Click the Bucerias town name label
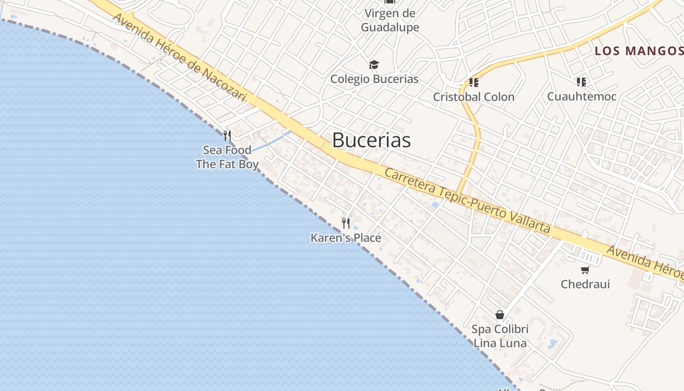tap(371, 140)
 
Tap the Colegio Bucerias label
tap(374, 79)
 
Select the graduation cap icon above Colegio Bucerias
tap(374, 65)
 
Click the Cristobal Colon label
tap(473, 97)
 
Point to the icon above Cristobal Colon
tap(473, 82)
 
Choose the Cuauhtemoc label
tap(581, 96)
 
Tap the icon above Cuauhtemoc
tap(581, 82)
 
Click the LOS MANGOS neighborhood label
tap(639, 51)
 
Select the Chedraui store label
tap(585, 284)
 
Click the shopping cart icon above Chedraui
tap(585, 270)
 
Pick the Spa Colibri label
tap(500, 329)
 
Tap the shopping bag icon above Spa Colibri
tap(500, 315)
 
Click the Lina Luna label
tap(500, 343)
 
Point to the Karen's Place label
tap(346, 238)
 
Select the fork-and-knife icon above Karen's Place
tap(346, 223)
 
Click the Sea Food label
tap(227, 150)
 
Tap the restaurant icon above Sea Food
tap(227, 135)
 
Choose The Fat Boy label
tap(227, 164)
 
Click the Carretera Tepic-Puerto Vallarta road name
tap(467, 201)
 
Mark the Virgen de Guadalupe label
tap(390, 20)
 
